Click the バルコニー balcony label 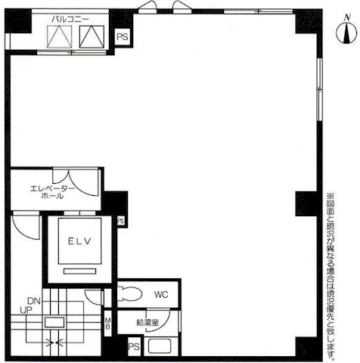70,19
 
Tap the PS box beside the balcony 123,37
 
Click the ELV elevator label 79,241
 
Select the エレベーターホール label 52,192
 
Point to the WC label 161,294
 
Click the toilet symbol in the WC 130,293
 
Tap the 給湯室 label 147,322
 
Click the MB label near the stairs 107,324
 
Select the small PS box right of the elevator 121,221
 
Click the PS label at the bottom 134,346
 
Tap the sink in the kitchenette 160,346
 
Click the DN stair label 34,301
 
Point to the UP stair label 26,310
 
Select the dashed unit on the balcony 59,37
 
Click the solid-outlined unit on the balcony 92,37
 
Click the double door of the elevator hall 76,182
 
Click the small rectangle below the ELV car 79,271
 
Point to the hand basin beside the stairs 94,297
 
